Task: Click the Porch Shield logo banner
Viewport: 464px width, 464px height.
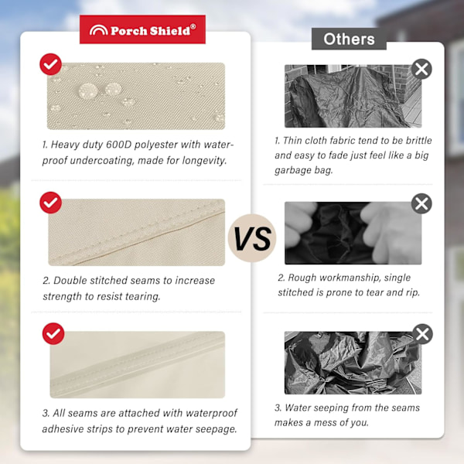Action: pyautogui.click(x=142, y=29)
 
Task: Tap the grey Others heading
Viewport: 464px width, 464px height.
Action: pyautogui.click(x=349, y=39)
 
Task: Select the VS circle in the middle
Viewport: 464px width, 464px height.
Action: pyautogui.click(x=252, y=238)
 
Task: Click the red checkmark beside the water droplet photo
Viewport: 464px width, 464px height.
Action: pyautogui.click(x=50, y=64)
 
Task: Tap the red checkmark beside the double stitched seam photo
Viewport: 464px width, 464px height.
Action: pyautogui.click(x=50, y=203)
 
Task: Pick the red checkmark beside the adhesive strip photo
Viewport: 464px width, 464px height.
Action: pyautogui.click(x=53, y=334)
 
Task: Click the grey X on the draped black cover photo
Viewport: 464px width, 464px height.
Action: pyautogui.click(x=421, y=70)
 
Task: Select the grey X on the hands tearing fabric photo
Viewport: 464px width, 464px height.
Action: pyautogui.click(x=421, y=203)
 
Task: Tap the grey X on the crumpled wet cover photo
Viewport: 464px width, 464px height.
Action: pyautogui.click(x=422, y=334)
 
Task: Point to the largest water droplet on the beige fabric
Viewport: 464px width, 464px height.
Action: pyautogui.click(x=88, y=90)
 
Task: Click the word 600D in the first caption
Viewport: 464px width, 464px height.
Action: pyautogui.click(x=118, y=145)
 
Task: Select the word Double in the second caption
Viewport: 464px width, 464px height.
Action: pyautogui.click(x=70, y=281)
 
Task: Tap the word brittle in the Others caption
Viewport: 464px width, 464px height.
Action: pyautogui.click(x=418, y=140)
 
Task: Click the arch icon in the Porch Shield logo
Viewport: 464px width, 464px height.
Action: pyautogui.click(x=98, y=30)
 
